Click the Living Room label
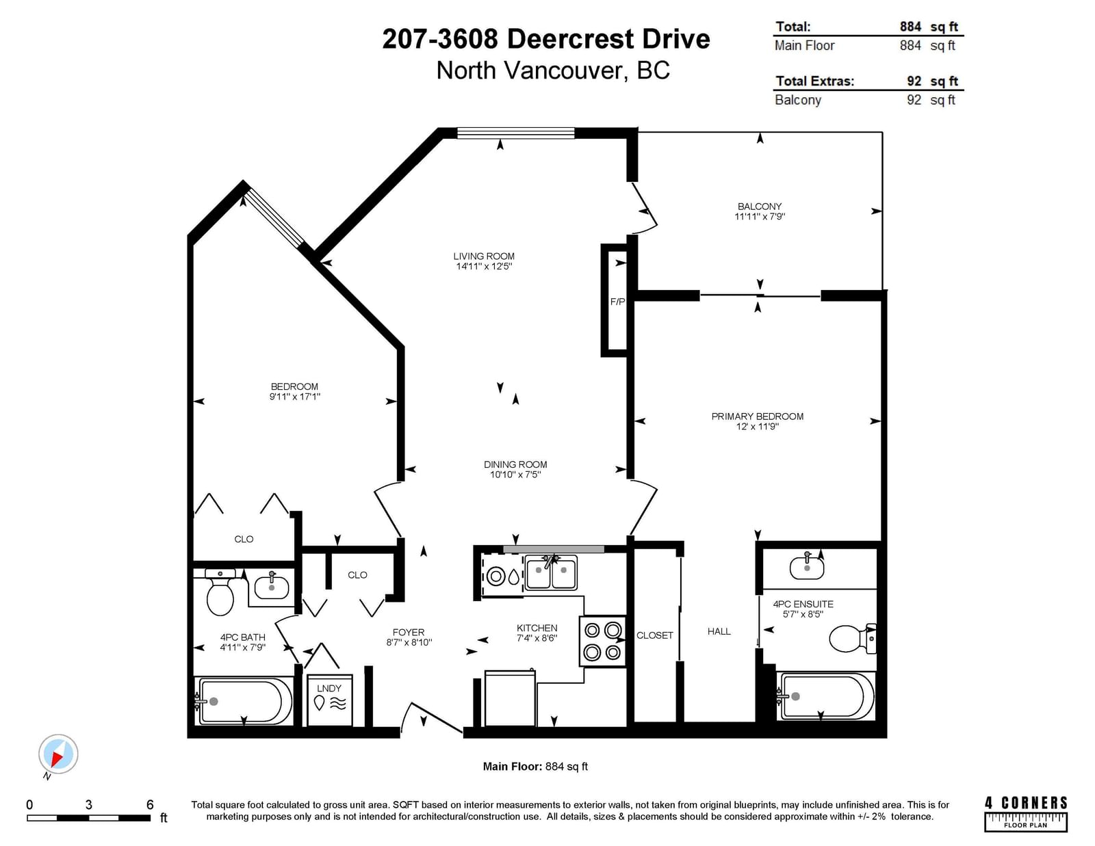484,256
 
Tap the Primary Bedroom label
758,417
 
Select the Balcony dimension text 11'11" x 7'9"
760,217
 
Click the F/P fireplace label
617,302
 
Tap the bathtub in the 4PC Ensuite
826,696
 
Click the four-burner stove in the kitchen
602,641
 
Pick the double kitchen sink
551,572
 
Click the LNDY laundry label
329,688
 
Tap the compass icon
58,754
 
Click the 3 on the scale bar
89,805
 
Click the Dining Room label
515,464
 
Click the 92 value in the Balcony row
914,100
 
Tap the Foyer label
409,632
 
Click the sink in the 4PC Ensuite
807,567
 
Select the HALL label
719,631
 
